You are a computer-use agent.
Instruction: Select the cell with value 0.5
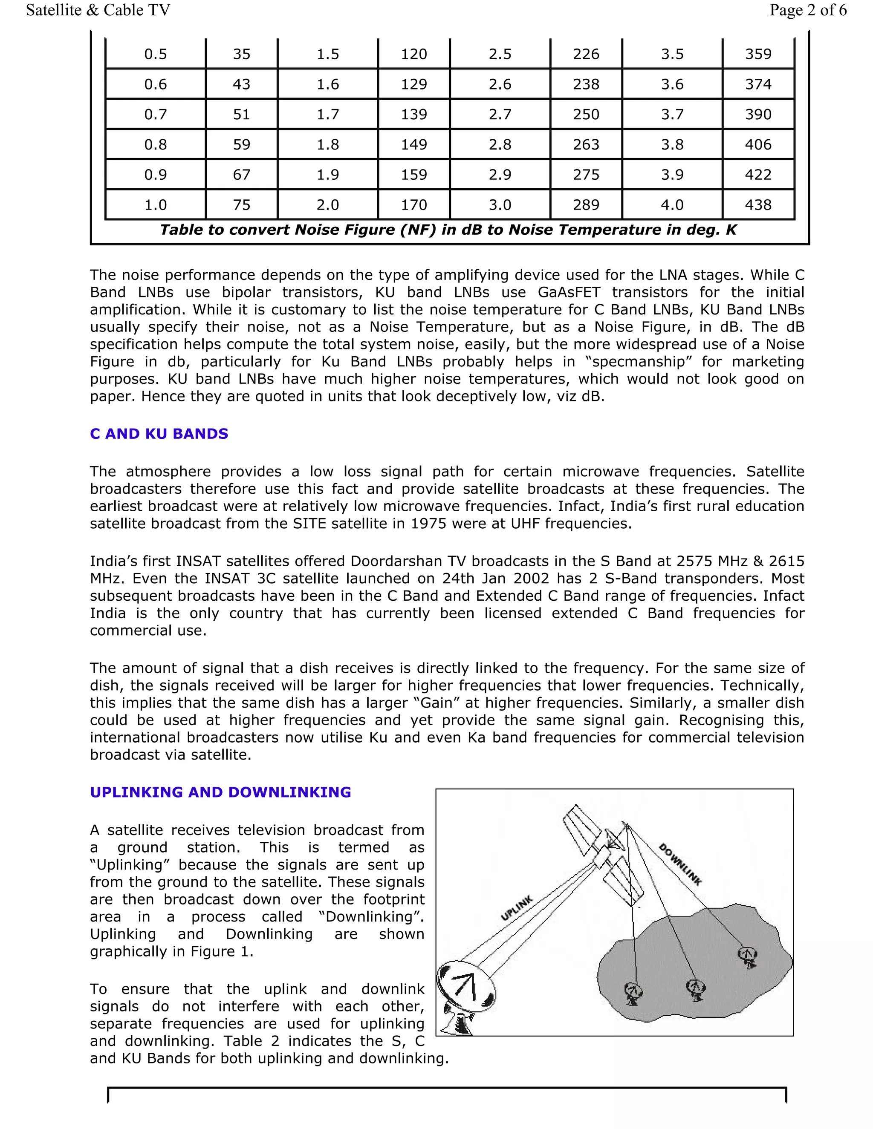click(x=155, y=54)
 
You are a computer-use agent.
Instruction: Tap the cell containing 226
click(x=586, y=54)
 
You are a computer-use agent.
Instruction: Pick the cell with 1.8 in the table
click(x=327, y=144)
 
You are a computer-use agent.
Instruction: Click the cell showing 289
click(x=586, y=204)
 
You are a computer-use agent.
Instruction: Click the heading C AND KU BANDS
click(x=159, y=434)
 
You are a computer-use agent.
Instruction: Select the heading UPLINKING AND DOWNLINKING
click(x=220, y=792)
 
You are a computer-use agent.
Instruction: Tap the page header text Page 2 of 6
click(x=807, y=10)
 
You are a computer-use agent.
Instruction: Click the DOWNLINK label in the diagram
click(x=679, y=864)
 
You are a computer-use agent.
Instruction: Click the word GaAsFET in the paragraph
click(x=569, y=293)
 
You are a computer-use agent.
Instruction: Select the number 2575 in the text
click(x=696, y=562)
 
